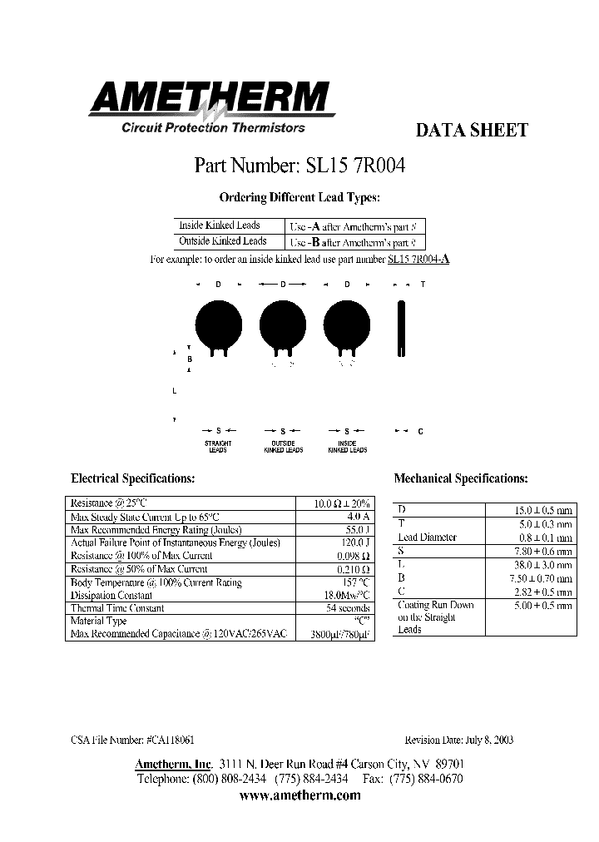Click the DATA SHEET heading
tap(471, 131)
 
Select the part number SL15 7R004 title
tap(299, 165)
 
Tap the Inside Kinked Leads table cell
tap(220, 225)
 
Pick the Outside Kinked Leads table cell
tap(222, 241)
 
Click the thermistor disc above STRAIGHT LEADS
tap(218, 323)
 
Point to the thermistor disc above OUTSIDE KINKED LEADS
tap(283, 323)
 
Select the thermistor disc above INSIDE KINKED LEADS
tap(346, 323)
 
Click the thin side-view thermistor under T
tap(403, 329)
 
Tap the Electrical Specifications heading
tap(133, 479)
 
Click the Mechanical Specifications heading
tap(460, 479)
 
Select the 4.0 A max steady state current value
tap(358, 517)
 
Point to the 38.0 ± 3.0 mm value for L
tap(542, 564)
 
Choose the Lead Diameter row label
tap(428, 537)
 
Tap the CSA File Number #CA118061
tap(133, 740)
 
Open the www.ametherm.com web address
tap(299, 795)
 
